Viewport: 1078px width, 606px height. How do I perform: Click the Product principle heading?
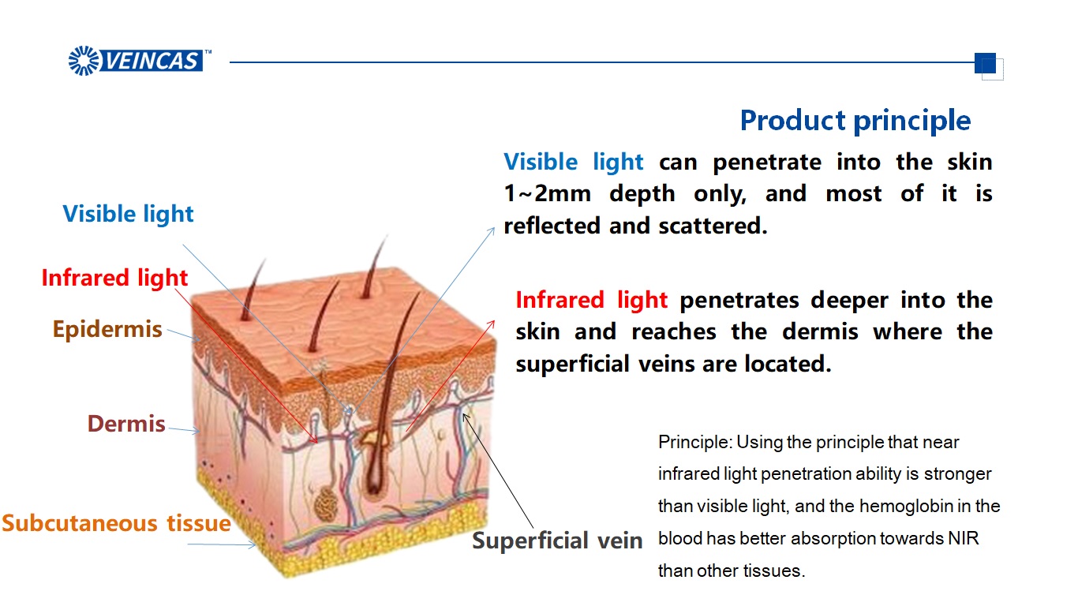click(855, 121)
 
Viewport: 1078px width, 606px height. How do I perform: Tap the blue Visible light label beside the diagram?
click(128, 214)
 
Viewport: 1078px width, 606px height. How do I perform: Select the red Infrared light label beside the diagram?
click(114, 278)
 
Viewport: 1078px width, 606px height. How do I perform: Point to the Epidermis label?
click(107, 329)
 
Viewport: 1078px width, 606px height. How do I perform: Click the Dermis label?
click(126, 424)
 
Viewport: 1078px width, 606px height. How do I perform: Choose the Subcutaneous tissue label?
click(116, 523)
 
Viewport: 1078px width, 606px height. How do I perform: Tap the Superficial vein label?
click(557, 541)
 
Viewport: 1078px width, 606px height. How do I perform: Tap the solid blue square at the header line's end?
click(984, 62)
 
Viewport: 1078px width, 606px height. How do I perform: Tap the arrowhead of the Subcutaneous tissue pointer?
click(254, 545)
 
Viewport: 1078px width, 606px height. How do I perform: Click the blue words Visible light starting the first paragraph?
click(573, 163)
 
